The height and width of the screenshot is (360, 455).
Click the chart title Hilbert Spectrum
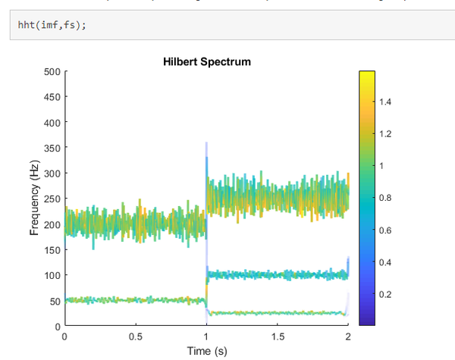click(x=207, y=61)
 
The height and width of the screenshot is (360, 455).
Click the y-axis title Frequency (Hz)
click(x=34, y=198)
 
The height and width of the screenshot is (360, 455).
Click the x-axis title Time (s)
click(x=207, y=351)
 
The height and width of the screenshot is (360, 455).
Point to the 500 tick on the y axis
click(x=51, y=72)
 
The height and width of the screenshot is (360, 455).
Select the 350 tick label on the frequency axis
click(x=51, y=148)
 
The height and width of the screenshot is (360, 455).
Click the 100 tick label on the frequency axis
click(x=51, y=275)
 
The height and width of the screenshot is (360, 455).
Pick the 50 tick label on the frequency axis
click(x=53, y=301)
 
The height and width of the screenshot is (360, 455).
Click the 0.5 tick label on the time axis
click(x=136, y=337)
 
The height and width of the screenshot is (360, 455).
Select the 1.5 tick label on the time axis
click(x=278, y=337)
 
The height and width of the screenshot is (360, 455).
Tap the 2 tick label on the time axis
click(x=348, y=337)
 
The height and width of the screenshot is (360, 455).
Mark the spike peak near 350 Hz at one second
click(x=206, y=145)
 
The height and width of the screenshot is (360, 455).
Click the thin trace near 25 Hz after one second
click(x=281, y=313)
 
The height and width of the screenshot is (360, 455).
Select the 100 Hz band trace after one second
click(x=281, y=274)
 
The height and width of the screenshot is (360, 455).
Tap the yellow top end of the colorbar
click(x=367, y=74)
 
